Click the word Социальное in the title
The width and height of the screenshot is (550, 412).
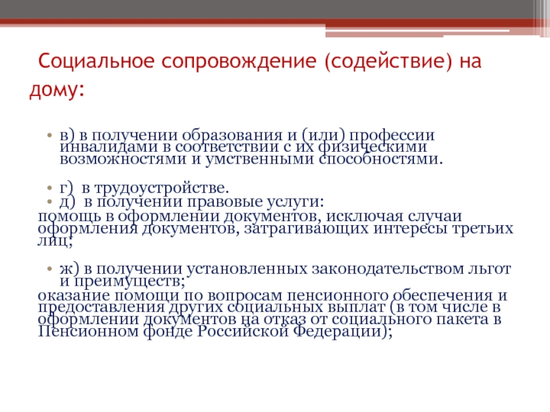(96, 60)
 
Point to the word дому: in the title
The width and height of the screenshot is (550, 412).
(57, 90)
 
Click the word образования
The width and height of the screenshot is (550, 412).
(232, 135)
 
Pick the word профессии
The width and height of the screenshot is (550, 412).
(392, 136)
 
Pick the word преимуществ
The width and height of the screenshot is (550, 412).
(129, 282)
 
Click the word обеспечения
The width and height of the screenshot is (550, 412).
(443, 296)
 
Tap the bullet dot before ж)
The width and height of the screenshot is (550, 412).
(49, 269)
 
